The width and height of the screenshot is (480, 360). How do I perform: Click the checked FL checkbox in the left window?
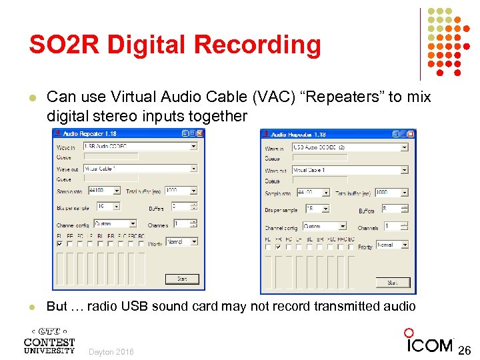tap(61, 244)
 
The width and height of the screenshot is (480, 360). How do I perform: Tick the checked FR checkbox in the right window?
tap(278, 247)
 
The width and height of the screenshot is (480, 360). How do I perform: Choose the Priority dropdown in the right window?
tap(392, 245)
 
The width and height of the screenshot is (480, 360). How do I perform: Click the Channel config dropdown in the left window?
tap(115, 224)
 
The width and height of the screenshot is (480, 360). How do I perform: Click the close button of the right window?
tap(411, 134)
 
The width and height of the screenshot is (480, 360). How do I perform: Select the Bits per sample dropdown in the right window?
tap(315, 209)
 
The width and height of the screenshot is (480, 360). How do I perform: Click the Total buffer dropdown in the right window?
tap(391, 192)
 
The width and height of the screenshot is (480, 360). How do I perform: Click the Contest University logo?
tap(49, 339)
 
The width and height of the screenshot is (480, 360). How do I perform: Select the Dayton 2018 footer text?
tap(111, 352)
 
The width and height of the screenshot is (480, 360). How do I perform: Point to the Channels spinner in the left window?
tap(185, 224)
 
